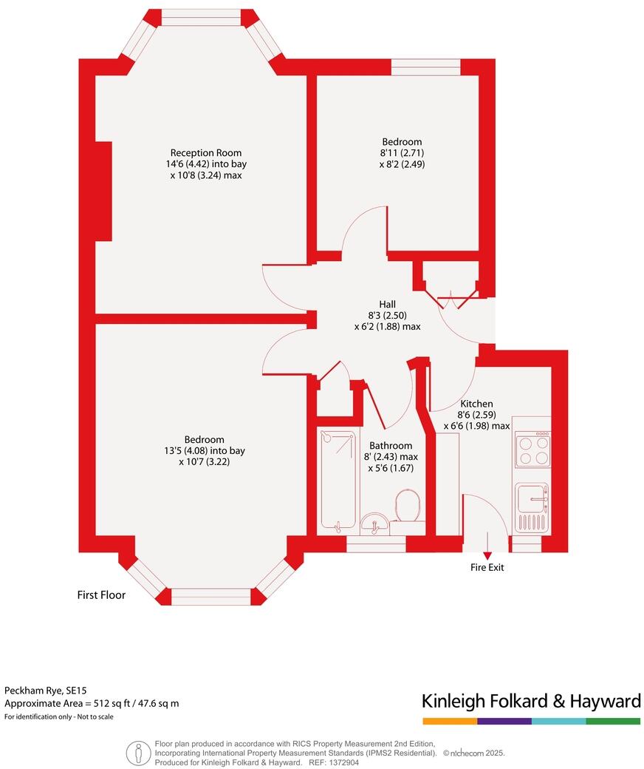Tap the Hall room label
(388, 304)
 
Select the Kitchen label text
(476, 404)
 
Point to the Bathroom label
(391, 446)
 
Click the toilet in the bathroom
(407, 507)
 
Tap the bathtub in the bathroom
(337, 481)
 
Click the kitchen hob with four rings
(532, 450)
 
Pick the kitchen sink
(532, 498)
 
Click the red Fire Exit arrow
(487, 555)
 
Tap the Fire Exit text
(487, 568)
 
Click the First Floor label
(102, 594)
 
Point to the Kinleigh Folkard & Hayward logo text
(531, 700)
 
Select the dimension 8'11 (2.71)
(402, 153)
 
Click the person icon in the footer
(138, 753)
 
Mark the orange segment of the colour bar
(450, 721)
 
